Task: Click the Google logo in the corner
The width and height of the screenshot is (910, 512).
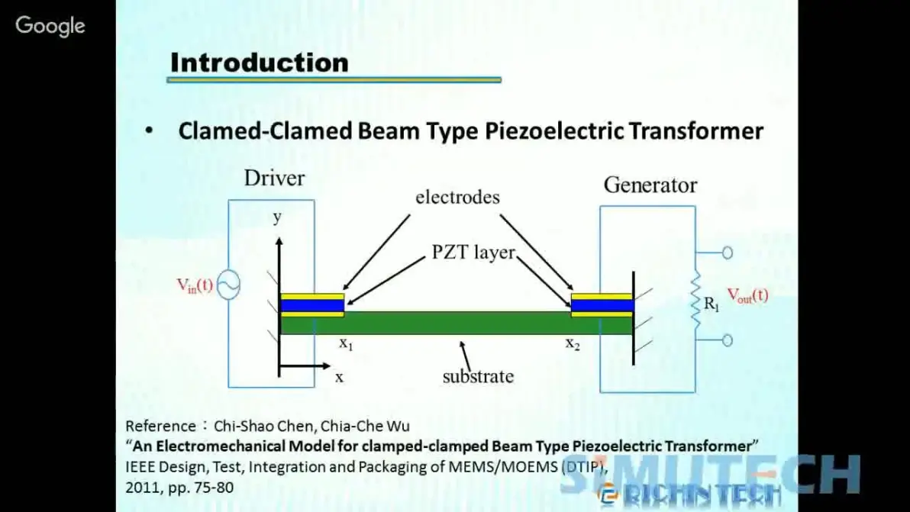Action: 50,26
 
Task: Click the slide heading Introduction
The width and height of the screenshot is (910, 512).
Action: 260,63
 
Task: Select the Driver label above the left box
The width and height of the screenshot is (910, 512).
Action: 274,178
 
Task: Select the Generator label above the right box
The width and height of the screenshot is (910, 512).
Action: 650,185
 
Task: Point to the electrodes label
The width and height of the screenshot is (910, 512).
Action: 457,197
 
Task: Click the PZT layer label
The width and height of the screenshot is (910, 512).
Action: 473,253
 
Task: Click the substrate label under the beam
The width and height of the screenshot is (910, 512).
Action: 478,376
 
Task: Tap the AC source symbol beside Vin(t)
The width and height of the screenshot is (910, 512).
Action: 229,285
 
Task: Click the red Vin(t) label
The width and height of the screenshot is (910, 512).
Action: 195,285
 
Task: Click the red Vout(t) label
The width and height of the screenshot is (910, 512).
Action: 747,295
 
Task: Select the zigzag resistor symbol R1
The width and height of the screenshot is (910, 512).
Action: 695,301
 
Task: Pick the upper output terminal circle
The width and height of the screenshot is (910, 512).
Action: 728,253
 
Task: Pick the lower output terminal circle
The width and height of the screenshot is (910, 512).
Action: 728,340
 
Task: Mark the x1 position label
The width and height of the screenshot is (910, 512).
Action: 346,343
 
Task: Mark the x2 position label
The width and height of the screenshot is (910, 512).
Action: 573,343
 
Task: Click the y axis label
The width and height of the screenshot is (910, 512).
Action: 277,217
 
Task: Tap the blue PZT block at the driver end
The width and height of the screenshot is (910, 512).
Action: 312,305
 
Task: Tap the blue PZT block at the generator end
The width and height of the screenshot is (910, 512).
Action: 602,305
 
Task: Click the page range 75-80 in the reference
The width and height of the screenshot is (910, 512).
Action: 216,488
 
